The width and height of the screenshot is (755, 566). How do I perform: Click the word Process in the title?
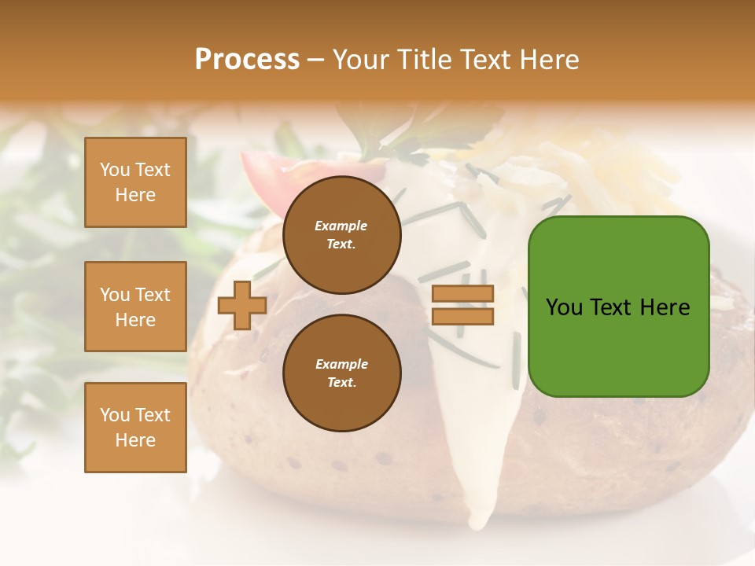coord(247,60)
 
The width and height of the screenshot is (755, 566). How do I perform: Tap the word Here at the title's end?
coord(550,60)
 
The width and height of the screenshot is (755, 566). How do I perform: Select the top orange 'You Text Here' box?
coord(135,182)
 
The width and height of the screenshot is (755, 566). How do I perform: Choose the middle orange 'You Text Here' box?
coord(135,307)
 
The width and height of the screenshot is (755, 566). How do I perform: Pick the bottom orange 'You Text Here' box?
coord(135,428)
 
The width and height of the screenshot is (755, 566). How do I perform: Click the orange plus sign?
coord(242,306)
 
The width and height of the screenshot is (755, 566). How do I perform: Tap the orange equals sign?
coord(462,306)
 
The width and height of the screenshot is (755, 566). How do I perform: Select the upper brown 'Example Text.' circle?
coord(341,235)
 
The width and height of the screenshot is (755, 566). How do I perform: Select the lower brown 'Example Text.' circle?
coord(341,373)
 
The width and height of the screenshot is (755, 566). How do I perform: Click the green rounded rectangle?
coord(618,346)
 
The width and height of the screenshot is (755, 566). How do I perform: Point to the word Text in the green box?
coord(615,307)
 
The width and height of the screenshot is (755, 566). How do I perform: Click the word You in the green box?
coord(564,307)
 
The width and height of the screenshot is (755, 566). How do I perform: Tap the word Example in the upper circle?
coord(341,226)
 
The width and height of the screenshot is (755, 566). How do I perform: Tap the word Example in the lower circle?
coord(341,365)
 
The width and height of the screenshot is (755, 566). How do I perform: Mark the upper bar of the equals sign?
coord(462,294)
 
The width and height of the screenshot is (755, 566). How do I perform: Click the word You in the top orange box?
coord(115,170)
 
